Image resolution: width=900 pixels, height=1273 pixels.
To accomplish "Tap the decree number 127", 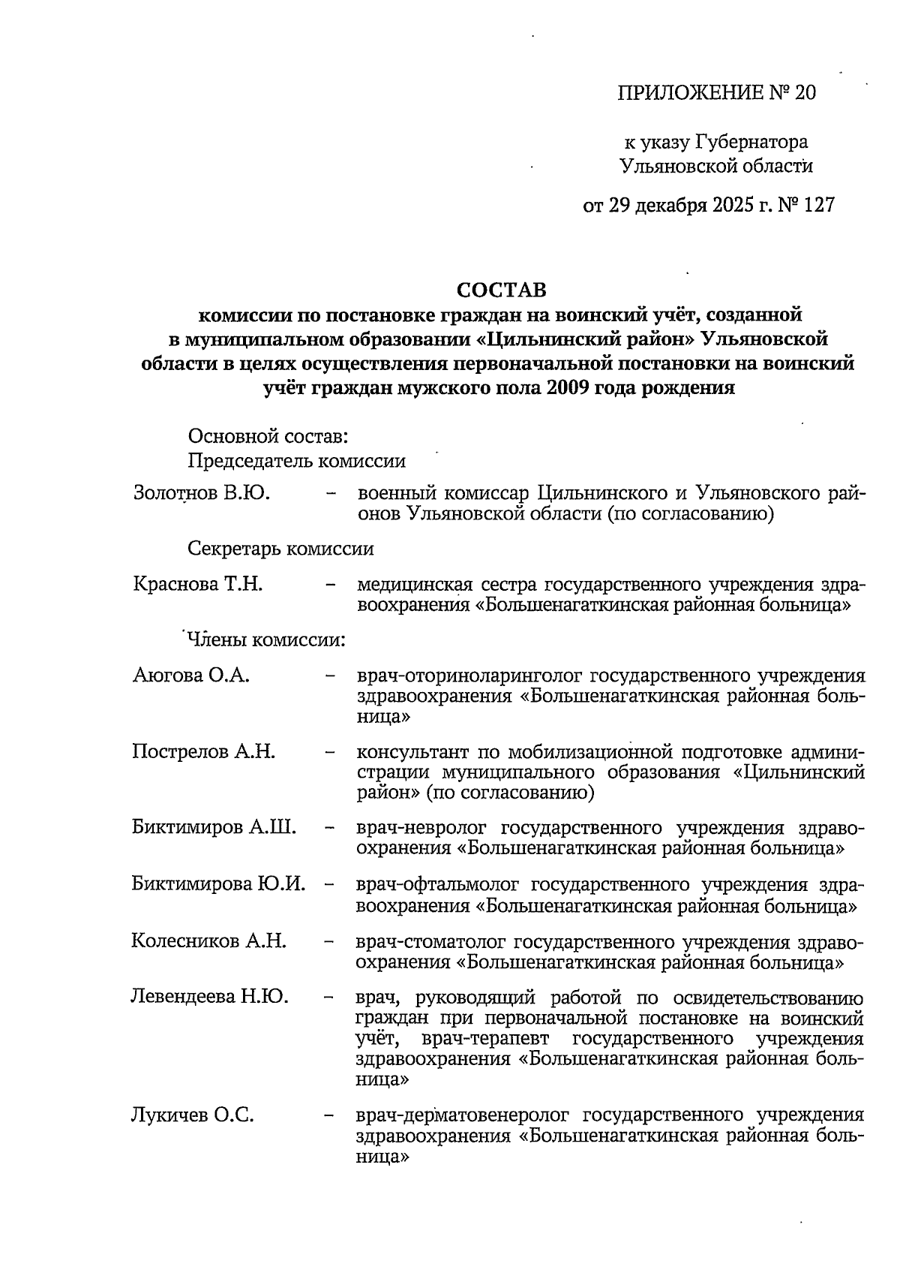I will coord(818,205).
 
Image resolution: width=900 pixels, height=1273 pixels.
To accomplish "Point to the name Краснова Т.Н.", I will coord(197,584).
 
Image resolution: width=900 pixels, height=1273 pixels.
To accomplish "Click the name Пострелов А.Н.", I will coord(203,751).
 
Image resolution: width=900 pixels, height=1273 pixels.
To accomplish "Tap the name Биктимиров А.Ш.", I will coord(214,828).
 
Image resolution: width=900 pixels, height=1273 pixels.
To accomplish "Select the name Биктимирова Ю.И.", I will coord(218,883).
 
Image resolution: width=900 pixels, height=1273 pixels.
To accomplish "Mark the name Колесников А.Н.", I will coord(208,940).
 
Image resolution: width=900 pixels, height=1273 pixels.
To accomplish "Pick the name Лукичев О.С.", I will coord(192,1115).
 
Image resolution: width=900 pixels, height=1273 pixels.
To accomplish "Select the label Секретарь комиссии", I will coord(280,549).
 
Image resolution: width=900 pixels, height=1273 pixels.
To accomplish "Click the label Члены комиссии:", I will coord(265,640).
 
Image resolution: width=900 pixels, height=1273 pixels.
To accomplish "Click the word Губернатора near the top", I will coord(751,141).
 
